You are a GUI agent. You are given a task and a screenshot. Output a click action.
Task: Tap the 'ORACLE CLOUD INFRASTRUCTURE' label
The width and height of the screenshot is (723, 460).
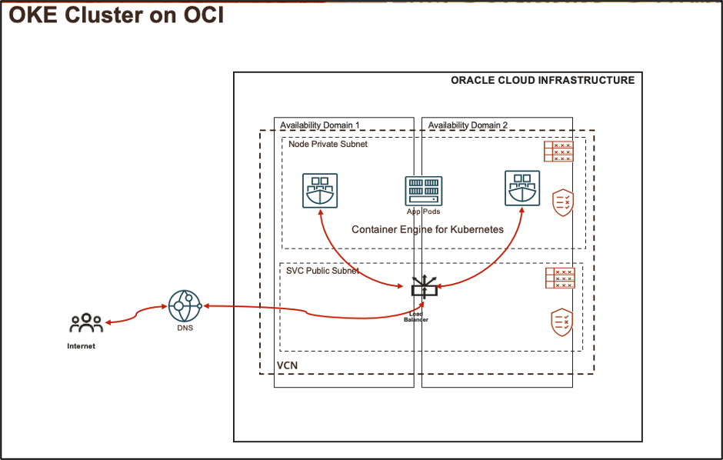[x=542, y=80]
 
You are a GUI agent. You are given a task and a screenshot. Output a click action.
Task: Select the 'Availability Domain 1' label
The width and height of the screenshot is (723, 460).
[x=319, y=125]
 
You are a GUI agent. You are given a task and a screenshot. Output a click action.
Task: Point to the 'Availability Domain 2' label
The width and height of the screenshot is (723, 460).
[x=468, y=125]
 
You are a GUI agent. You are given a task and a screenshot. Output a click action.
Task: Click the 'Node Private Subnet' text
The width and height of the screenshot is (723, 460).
[x=328, y=144]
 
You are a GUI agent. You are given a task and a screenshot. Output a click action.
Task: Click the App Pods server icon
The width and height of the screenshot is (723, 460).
[x=423, y=191]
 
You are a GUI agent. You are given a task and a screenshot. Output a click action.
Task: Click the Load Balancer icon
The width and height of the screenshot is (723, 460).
[x=423, y=289]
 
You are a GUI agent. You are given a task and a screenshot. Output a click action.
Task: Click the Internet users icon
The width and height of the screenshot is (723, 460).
[x=86, y=324]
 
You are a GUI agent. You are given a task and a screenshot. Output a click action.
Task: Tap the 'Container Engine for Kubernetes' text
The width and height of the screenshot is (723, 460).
[x=428, y=229]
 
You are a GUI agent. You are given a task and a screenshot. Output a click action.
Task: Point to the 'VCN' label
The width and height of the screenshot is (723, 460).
[x=286, y=364]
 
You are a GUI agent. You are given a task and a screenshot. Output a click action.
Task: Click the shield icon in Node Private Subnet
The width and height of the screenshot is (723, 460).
[x=563, y=202]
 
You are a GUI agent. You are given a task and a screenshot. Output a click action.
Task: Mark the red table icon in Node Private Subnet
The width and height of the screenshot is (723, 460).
[x=559, y=152]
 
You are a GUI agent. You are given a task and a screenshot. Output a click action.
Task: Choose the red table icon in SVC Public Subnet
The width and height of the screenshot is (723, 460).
[x=559, y=278]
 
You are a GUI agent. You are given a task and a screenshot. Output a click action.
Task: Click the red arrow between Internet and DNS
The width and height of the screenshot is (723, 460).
[x=137, y=314]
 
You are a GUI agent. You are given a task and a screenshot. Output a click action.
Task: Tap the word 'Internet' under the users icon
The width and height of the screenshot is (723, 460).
[x=82, y=346]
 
